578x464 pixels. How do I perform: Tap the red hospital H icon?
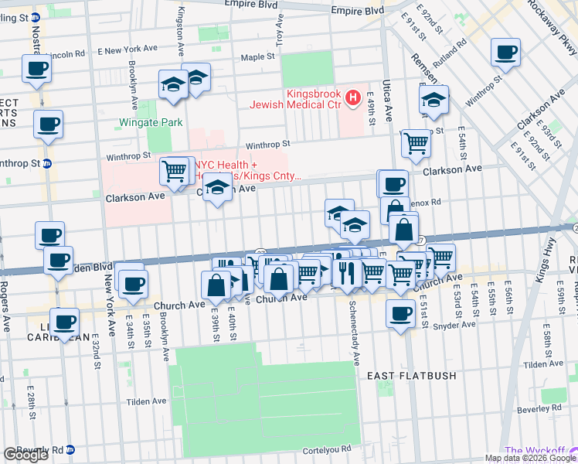tap(353, 98)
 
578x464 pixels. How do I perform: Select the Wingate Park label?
tap(151, 122)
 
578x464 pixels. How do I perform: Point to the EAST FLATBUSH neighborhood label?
tap(411, 376)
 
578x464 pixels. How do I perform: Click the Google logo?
tap(25, 455)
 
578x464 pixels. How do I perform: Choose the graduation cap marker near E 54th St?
tap(433, 101)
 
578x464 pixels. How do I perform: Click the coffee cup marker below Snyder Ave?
tap(399, 314)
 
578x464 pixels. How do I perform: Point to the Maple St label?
tap(257, 57)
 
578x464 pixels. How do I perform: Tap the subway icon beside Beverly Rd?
tap(70, 449)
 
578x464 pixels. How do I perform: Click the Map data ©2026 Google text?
tap(529, 458)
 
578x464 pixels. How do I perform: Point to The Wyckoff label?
tap(535, 450)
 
